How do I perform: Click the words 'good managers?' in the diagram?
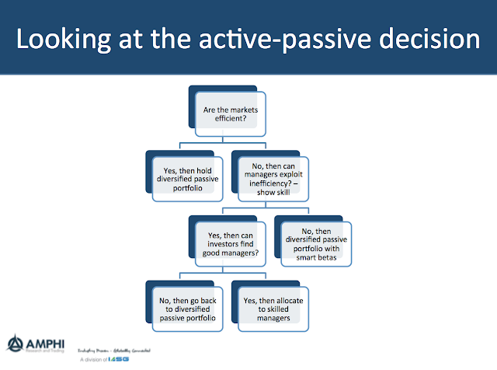[x=231, y=251]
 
